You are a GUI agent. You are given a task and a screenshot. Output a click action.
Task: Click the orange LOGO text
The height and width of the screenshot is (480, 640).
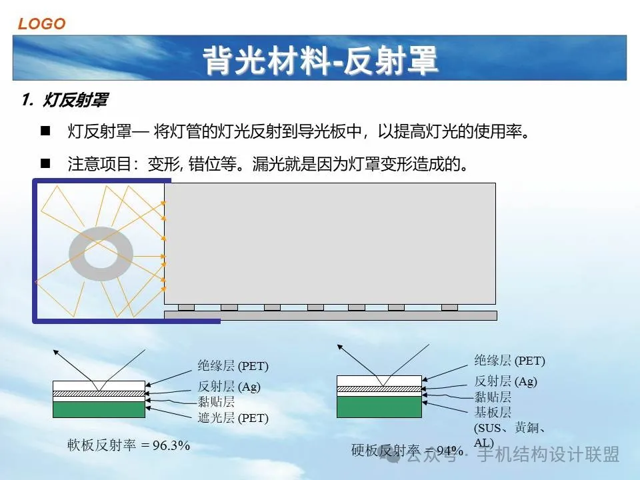pos(41,24)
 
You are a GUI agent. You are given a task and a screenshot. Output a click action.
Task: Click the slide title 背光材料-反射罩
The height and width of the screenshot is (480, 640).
pos(321,60)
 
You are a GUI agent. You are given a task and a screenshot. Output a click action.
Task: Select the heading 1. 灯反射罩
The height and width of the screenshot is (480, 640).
pos(65,99)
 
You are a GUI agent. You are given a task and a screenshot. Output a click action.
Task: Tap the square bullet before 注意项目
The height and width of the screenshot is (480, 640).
pos(45,164)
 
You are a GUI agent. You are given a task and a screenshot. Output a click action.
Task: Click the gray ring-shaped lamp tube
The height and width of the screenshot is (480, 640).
pos(75,254)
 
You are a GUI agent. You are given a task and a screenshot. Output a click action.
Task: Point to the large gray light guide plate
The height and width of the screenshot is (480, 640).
pos(330,243)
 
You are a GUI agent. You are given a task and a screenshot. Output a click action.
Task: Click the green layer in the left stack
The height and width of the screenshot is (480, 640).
pos(99,409)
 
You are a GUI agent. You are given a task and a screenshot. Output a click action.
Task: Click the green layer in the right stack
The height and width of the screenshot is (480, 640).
pos(379,407)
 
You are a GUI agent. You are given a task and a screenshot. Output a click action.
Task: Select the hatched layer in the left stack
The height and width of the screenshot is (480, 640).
pos(99,394)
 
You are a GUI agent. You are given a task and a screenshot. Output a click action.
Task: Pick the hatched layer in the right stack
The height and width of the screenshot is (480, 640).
pos(379,389)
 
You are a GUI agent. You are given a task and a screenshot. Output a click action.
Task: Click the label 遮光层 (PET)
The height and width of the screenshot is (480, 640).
pos(233,417)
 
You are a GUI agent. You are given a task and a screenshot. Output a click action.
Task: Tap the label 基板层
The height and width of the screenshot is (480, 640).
pos(493,412)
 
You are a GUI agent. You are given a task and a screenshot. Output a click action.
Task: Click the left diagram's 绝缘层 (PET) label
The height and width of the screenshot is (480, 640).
pos(233,366)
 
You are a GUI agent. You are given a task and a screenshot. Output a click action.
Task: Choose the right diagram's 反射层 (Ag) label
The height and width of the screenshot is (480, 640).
pos(506,381)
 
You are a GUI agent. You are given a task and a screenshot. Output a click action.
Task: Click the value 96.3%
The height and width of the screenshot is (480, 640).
pos(171,445)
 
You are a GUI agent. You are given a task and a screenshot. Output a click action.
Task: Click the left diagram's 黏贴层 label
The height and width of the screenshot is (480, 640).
pos(216,401)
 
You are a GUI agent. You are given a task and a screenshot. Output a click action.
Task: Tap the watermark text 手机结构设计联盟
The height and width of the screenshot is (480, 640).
pos(549,454)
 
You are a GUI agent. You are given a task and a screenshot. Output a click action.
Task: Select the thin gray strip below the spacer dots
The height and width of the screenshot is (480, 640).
pos(331,315)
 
